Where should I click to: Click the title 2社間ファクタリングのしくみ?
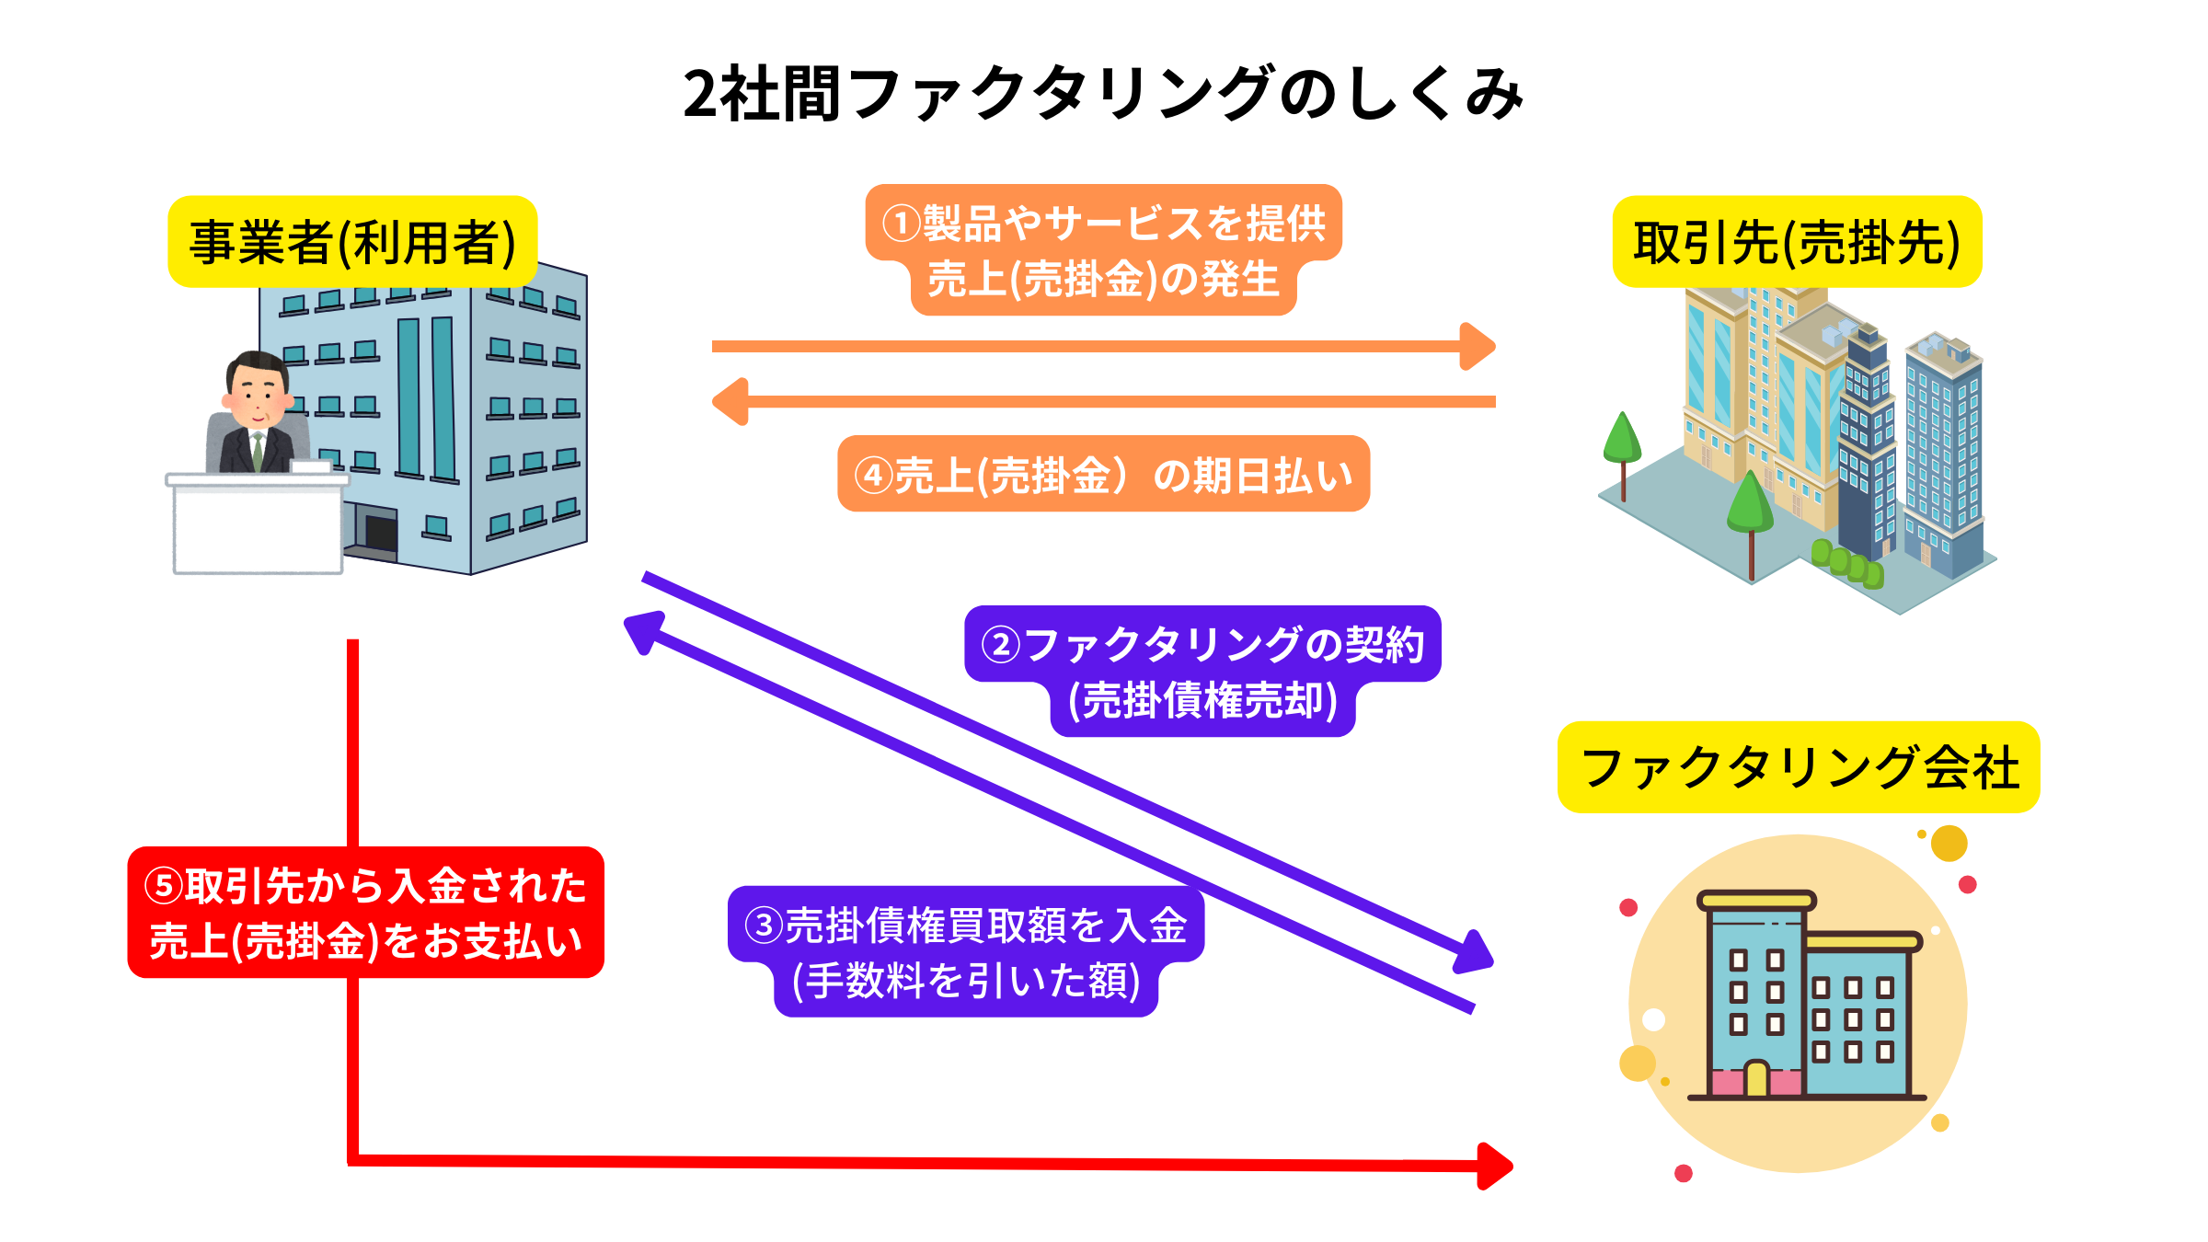point(1103,94)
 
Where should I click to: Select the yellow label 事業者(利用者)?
point(352,242)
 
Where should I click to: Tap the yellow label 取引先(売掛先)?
point(1797,242)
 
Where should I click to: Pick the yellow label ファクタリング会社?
point(1799,767)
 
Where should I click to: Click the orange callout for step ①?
point(1103,249)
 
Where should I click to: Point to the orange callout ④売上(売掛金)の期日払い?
point(1103,474)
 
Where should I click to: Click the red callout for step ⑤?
point(365,912)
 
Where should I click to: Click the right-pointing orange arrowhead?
point(1478,347)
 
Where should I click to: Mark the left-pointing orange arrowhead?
point(730,402)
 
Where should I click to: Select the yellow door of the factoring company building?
point(1756,1078)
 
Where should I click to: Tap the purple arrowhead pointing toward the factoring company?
point(1475,954)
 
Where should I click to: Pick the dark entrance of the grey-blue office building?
point(381,533)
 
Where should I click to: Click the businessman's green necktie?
point(259,450)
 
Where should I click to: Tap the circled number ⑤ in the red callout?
point(165,886)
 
